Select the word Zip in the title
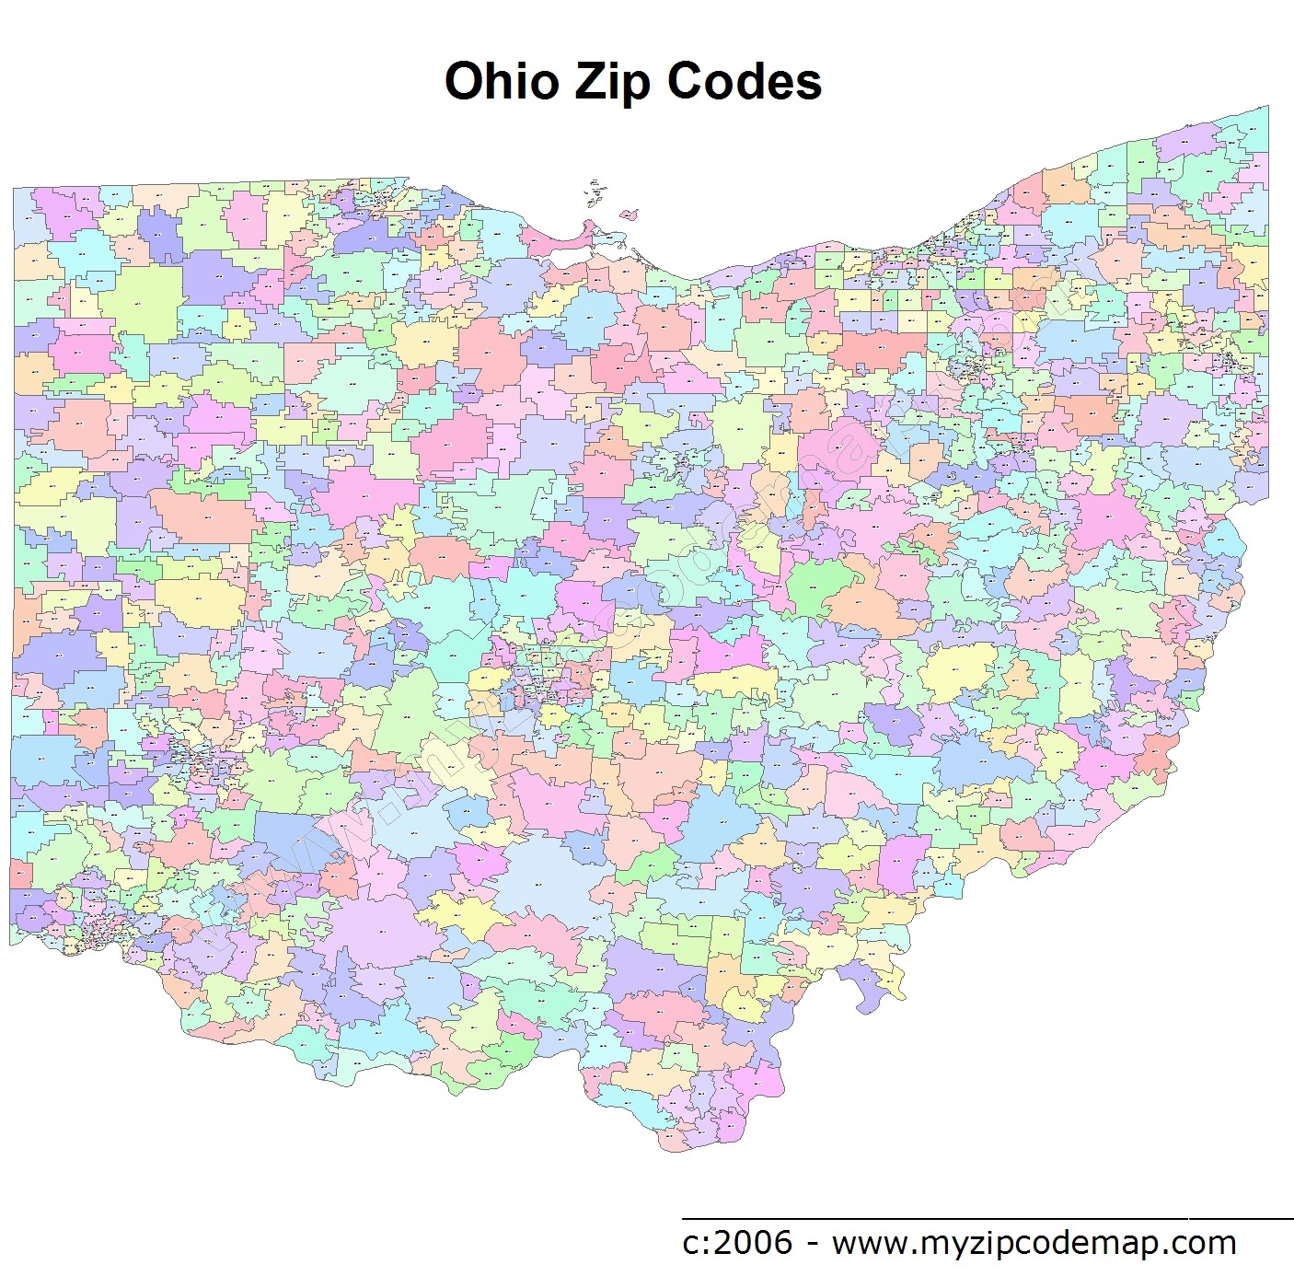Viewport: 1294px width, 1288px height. pos(614,83)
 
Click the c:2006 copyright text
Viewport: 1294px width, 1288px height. pos(736,1243)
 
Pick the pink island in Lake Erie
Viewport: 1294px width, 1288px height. pos(629,215)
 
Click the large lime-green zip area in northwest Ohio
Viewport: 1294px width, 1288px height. pos(140,299)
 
